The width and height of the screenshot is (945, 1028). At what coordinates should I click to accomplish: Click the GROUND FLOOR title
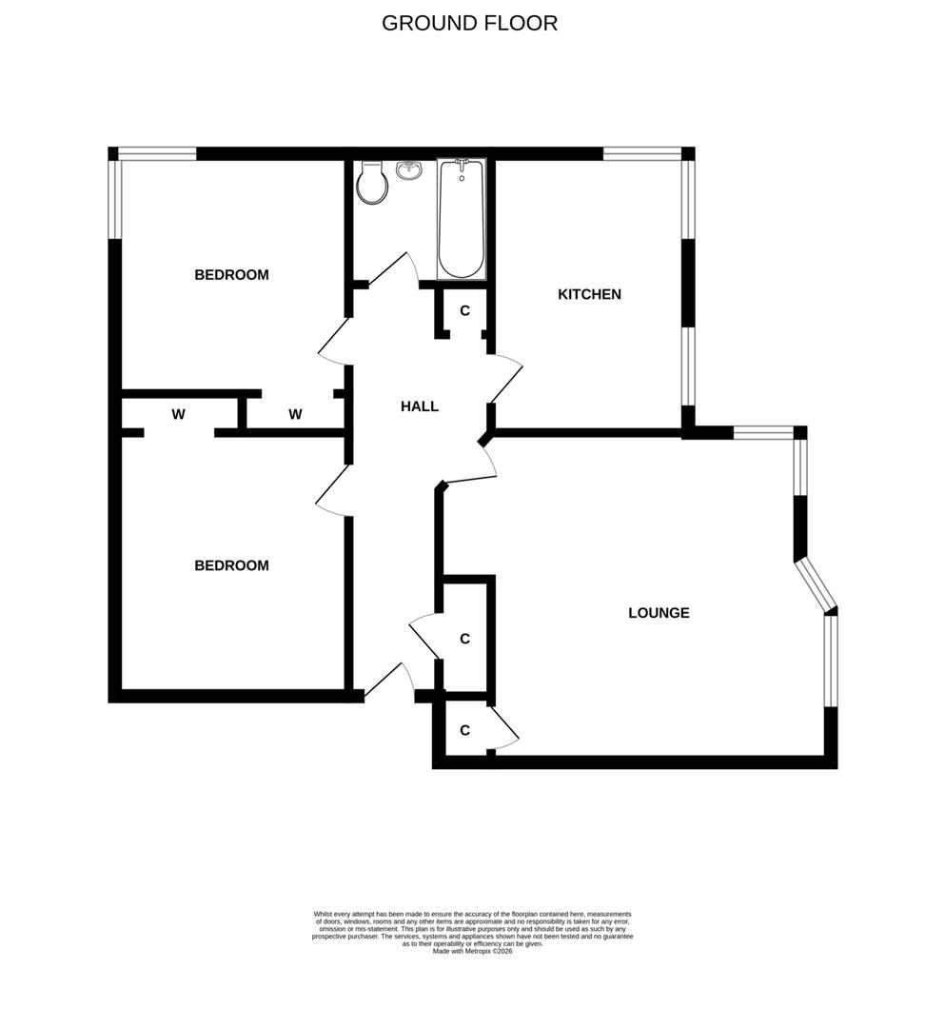[469, 24]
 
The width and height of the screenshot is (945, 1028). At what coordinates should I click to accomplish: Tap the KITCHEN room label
[589, 294]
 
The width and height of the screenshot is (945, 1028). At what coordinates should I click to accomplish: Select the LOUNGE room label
[659, 613]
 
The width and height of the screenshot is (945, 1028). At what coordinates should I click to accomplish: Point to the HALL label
[420, 406]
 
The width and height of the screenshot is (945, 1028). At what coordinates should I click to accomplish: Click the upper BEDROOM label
[231, 275]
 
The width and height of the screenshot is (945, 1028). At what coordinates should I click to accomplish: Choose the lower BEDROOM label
[231, 565]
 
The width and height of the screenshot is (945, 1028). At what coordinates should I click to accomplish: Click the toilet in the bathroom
[373, 183]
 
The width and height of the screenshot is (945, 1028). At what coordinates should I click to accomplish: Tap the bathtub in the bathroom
[462, 219]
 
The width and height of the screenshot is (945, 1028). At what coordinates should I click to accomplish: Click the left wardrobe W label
[178, 415]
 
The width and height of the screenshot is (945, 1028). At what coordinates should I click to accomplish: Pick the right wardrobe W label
[295, 414]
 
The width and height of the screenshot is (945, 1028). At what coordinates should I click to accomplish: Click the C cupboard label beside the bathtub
[464, 310]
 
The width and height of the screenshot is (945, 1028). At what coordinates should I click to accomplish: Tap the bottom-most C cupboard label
[464, 731]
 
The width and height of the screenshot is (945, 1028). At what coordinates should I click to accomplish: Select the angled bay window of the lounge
[816, 583]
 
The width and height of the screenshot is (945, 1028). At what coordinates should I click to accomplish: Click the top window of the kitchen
[642, 152]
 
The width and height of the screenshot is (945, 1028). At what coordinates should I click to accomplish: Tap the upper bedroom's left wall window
[114, 198]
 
